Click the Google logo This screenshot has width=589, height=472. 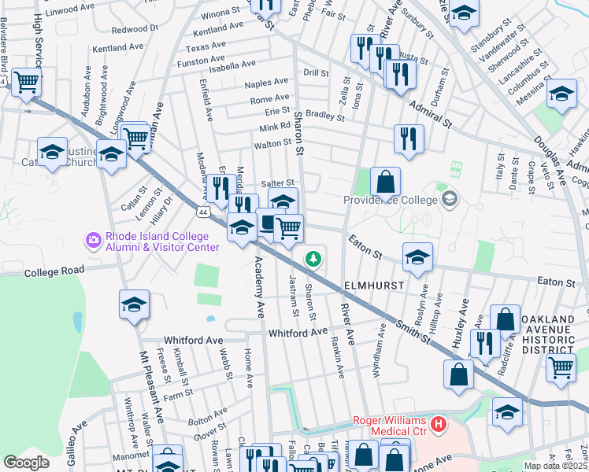click(26, 462)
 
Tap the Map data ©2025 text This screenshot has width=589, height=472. click(555, 466)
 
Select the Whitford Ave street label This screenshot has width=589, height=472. click(297, 333)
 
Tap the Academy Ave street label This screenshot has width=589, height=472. click(258, 289)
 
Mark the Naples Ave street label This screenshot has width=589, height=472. click(266, 83)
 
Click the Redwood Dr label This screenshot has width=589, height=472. click(135, 28)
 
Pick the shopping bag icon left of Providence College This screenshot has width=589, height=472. click(385, 182)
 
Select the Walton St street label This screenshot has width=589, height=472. click(272, 145)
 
